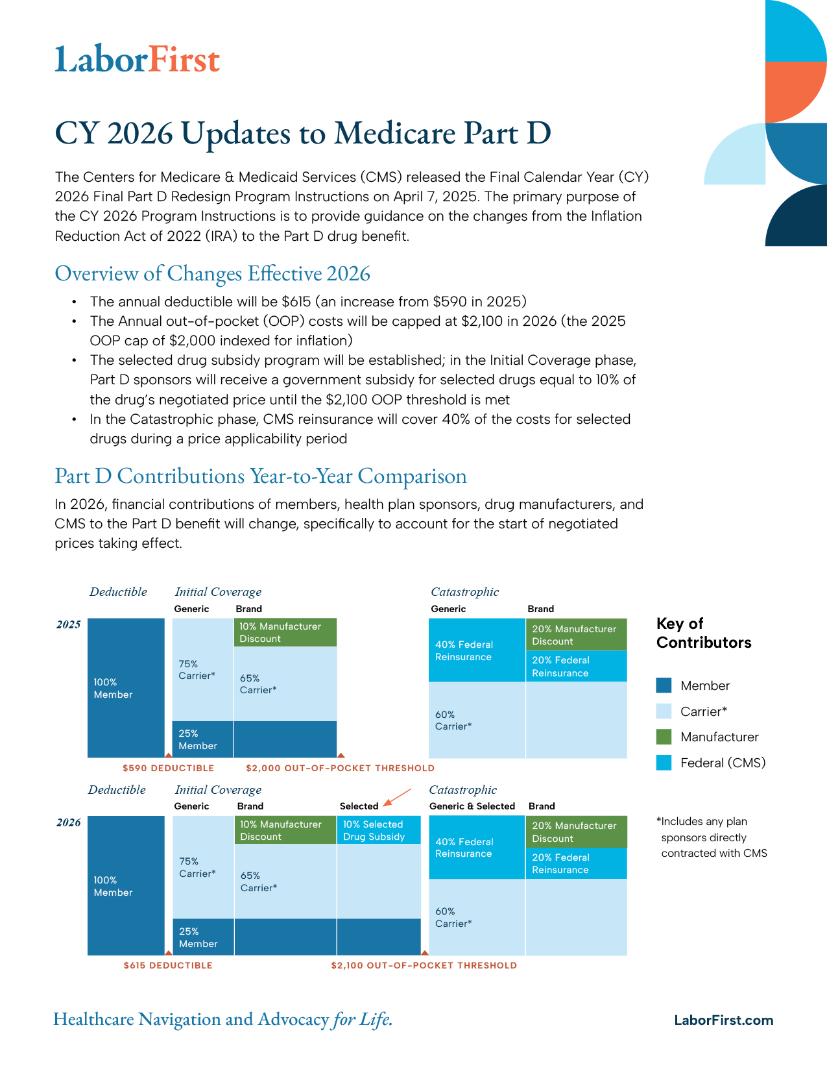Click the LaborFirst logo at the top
[137, 59]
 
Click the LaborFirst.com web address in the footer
[723, 1020]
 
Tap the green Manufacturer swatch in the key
[664, 737]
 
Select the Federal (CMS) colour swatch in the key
[664, 763]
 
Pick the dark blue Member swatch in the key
[664, 685]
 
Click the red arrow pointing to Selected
[397, 797]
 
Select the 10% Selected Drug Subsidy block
[378, 830]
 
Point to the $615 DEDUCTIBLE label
[168, 965]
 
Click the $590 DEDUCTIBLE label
[168, 767]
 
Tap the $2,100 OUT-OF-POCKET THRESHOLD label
[424, 965]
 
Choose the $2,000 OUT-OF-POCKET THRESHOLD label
[340, 767]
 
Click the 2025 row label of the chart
[69, 624]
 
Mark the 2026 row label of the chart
[69, 822]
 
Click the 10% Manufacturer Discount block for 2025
[285, 632]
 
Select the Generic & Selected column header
[472, 806]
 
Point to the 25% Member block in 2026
[204, 937]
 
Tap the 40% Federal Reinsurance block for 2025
[477, 650]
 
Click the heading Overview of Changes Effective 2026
[212, 273]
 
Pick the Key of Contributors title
[704, 633]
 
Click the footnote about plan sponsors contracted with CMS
[712, 837]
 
